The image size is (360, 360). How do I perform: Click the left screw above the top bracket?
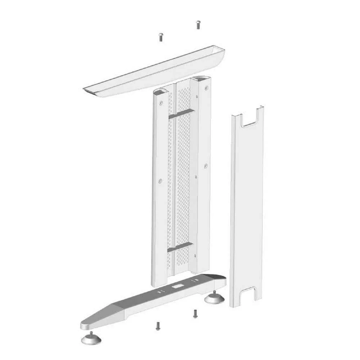coord(161,37)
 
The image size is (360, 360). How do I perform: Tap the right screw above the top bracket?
coord(198,24)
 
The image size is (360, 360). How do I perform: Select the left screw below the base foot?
coord(157,326)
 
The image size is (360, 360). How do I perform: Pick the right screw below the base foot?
coord(195,313)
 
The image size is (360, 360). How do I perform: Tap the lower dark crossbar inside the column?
coord(180,247)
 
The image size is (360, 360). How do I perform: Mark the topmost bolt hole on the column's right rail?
coord(206,88)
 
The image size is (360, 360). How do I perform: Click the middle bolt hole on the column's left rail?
coord(160,180)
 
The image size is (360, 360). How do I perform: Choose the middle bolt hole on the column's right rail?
coord(206,166)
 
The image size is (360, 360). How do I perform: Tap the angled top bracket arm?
coord(155,72)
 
